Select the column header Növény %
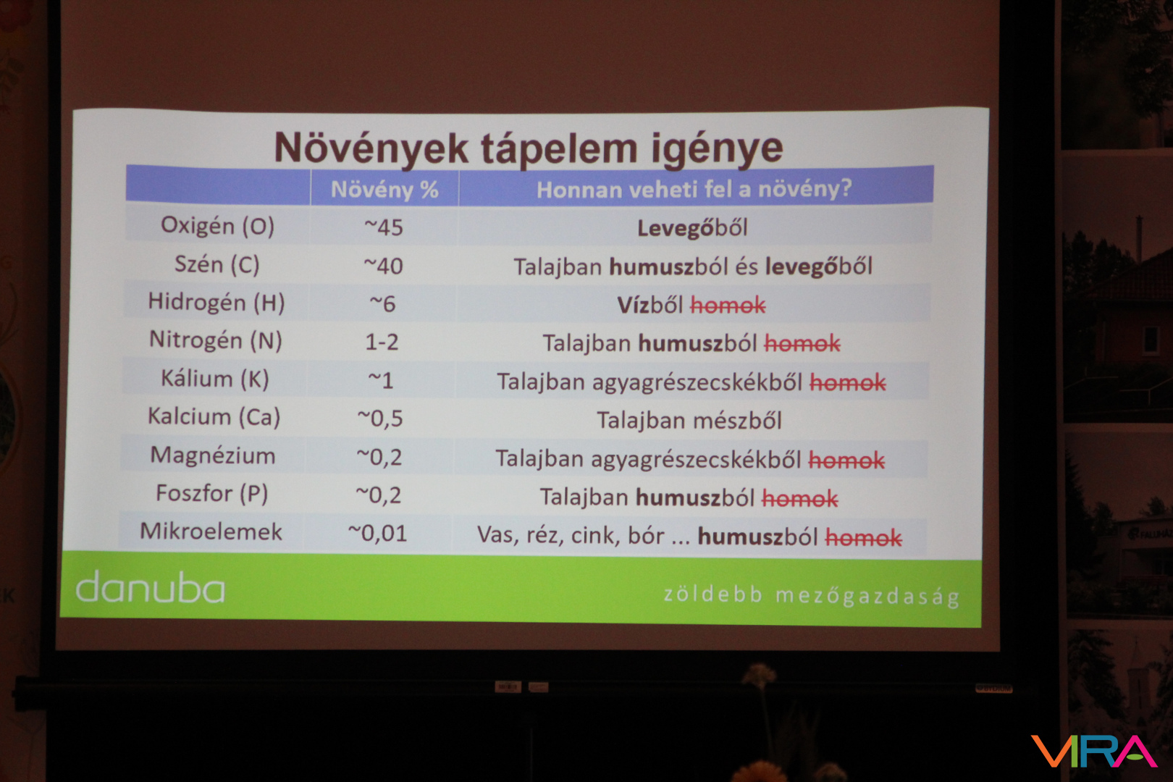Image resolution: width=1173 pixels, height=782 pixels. point(384,189)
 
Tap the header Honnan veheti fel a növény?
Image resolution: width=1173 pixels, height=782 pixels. point(694,189)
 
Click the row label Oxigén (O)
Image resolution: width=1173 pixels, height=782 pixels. point(217,226)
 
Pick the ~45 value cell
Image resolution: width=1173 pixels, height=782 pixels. point(383,227)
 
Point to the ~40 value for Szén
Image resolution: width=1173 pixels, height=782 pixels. point(383,266)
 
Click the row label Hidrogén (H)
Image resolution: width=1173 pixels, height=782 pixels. point(216,303)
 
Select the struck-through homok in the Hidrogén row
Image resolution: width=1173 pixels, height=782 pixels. point(728,306)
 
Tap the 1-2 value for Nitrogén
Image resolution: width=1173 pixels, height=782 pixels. point(382,342)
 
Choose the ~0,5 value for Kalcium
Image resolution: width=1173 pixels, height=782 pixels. point(380,419)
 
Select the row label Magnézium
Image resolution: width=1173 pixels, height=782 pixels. point(213,455)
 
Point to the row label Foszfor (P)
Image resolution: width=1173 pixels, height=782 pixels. point(212,494)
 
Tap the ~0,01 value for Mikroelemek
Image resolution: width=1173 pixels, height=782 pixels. point(377,534)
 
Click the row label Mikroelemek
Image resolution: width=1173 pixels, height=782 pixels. point(211,532)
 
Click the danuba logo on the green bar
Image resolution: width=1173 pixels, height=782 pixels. point(151,587)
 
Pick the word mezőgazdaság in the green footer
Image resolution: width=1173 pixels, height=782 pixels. point(867,597)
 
